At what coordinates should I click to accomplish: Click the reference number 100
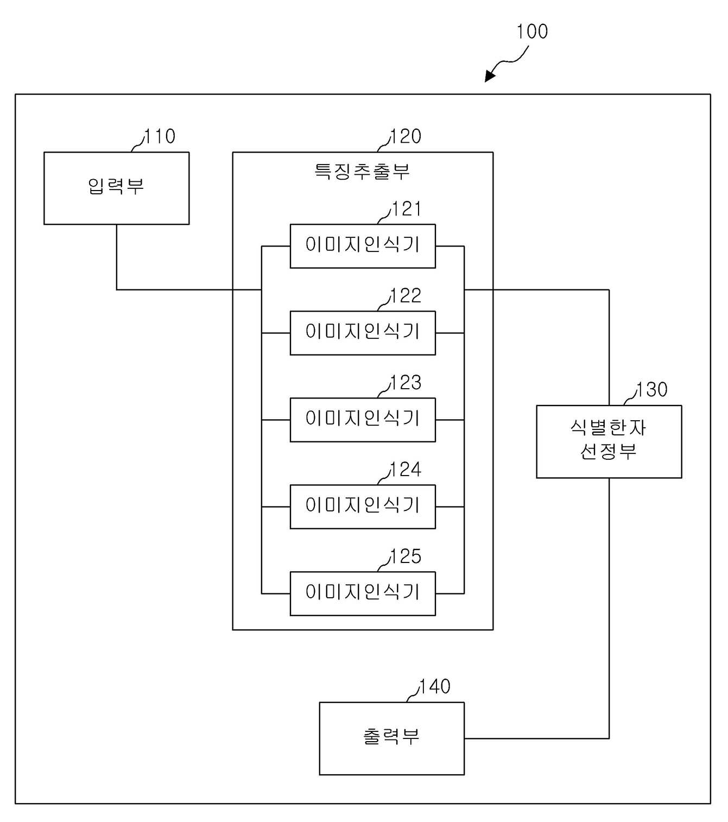coord(531,31)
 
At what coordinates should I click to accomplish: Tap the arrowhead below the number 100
coord(490,76)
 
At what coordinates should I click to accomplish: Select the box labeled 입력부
coord(117,188)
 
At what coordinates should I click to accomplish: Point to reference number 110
coord(160,136)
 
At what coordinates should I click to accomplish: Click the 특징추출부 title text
coord(363,171)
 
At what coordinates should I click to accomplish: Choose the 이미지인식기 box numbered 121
coord(363,246)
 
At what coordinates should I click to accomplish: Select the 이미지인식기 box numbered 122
coord(363,333)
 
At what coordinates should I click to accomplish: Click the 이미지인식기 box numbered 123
coord(363,420)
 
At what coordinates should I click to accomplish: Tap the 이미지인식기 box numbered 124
coord(363,507)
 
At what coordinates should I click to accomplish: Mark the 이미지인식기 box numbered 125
coord(363,593)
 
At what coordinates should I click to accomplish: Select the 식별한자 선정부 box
coord(609,441)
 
